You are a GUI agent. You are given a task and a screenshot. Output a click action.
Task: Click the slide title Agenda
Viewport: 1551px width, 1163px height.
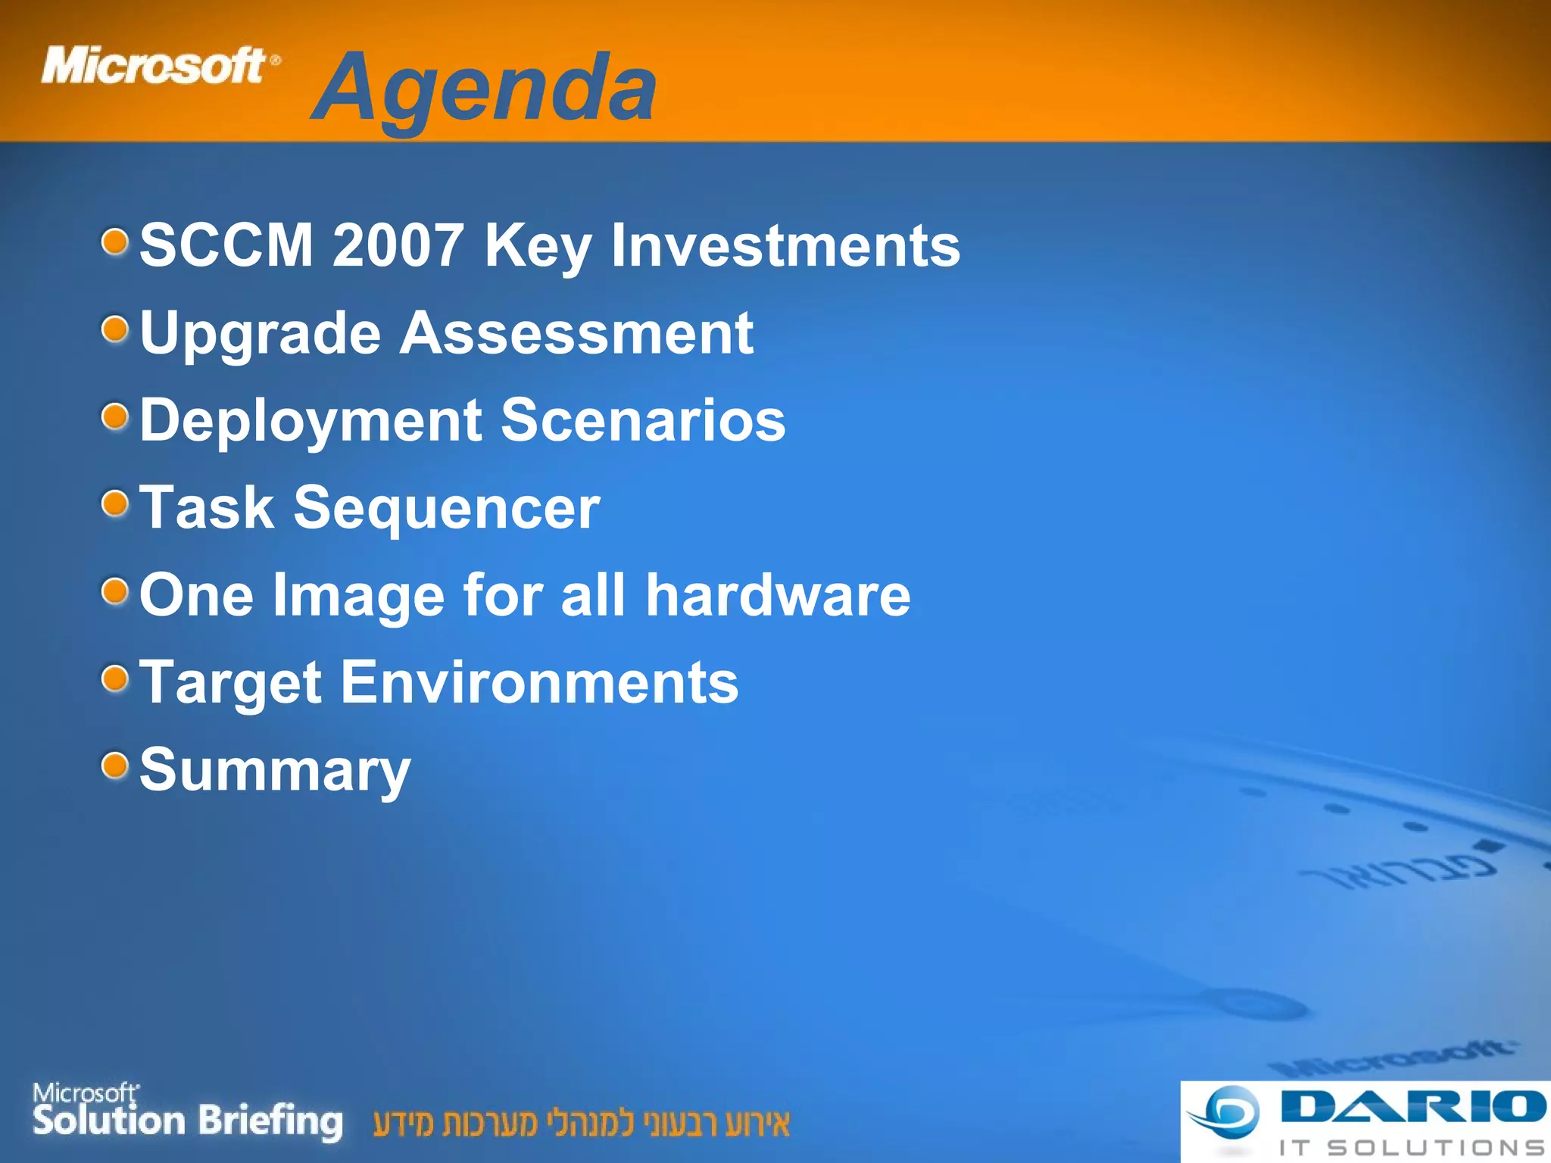click(485, 89)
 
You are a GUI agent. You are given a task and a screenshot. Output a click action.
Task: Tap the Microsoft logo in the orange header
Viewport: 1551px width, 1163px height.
click(159, 65)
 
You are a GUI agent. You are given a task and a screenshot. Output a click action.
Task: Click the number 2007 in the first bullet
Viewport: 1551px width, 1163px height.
click(397, 245)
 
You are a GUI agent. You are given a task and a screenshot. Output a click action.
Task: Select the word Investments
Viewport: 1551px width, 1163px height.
click(785, 245)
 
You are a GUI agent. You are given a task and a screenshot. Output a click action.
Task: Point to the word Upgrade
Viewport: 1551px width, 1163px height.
click(260, 335)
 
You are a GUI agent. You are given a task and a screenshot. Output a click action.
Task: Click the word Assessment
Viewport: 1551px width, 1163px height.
click(576, 333)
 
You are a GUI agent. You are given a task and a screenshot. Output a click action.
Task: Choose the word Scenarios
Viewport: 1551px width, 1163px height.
click(644, 420)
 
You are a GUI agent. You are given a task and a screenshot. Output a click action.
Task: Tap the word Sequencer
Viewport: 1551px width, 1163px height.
click(447, 509)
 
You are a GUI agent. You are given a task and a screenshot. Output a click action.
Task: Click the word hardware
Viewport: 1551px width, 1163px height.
click(778, 595)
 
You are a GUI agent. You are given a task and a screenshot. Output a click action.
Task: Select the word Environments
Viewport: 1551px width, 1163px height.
click(539, 683)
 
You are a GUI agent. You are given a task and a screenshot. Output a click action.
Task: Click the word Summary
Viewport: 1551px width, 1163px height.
click(275, 771)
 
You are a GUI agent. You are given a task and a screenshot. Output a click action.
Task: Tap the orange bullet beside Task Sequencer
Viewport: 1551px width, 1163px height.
click(115, 504)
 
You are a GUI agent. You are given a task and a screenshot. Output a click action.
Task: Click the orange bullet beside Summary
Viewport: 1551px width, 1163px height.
click(115, 765)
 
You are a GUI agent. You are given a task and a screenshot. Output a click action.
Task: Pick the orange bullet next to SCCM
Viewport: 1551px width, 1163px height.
click(115, 242)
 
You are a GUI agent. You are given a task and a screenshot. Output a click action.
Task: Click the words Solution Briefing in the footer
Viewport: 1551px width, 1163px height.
click(187, 1121)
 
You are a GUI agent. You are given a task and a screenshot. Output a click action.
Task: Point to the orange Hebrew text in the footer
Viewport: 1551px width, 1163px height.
click(581, 1124)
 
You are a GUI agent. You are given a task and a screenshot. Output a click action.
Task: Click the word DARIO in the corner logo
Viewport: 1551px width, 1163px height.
click(1413, 1107)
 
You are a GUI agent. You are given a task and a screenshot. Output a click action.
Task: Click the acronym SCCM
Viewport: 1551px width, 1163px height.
click(226, 245)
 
